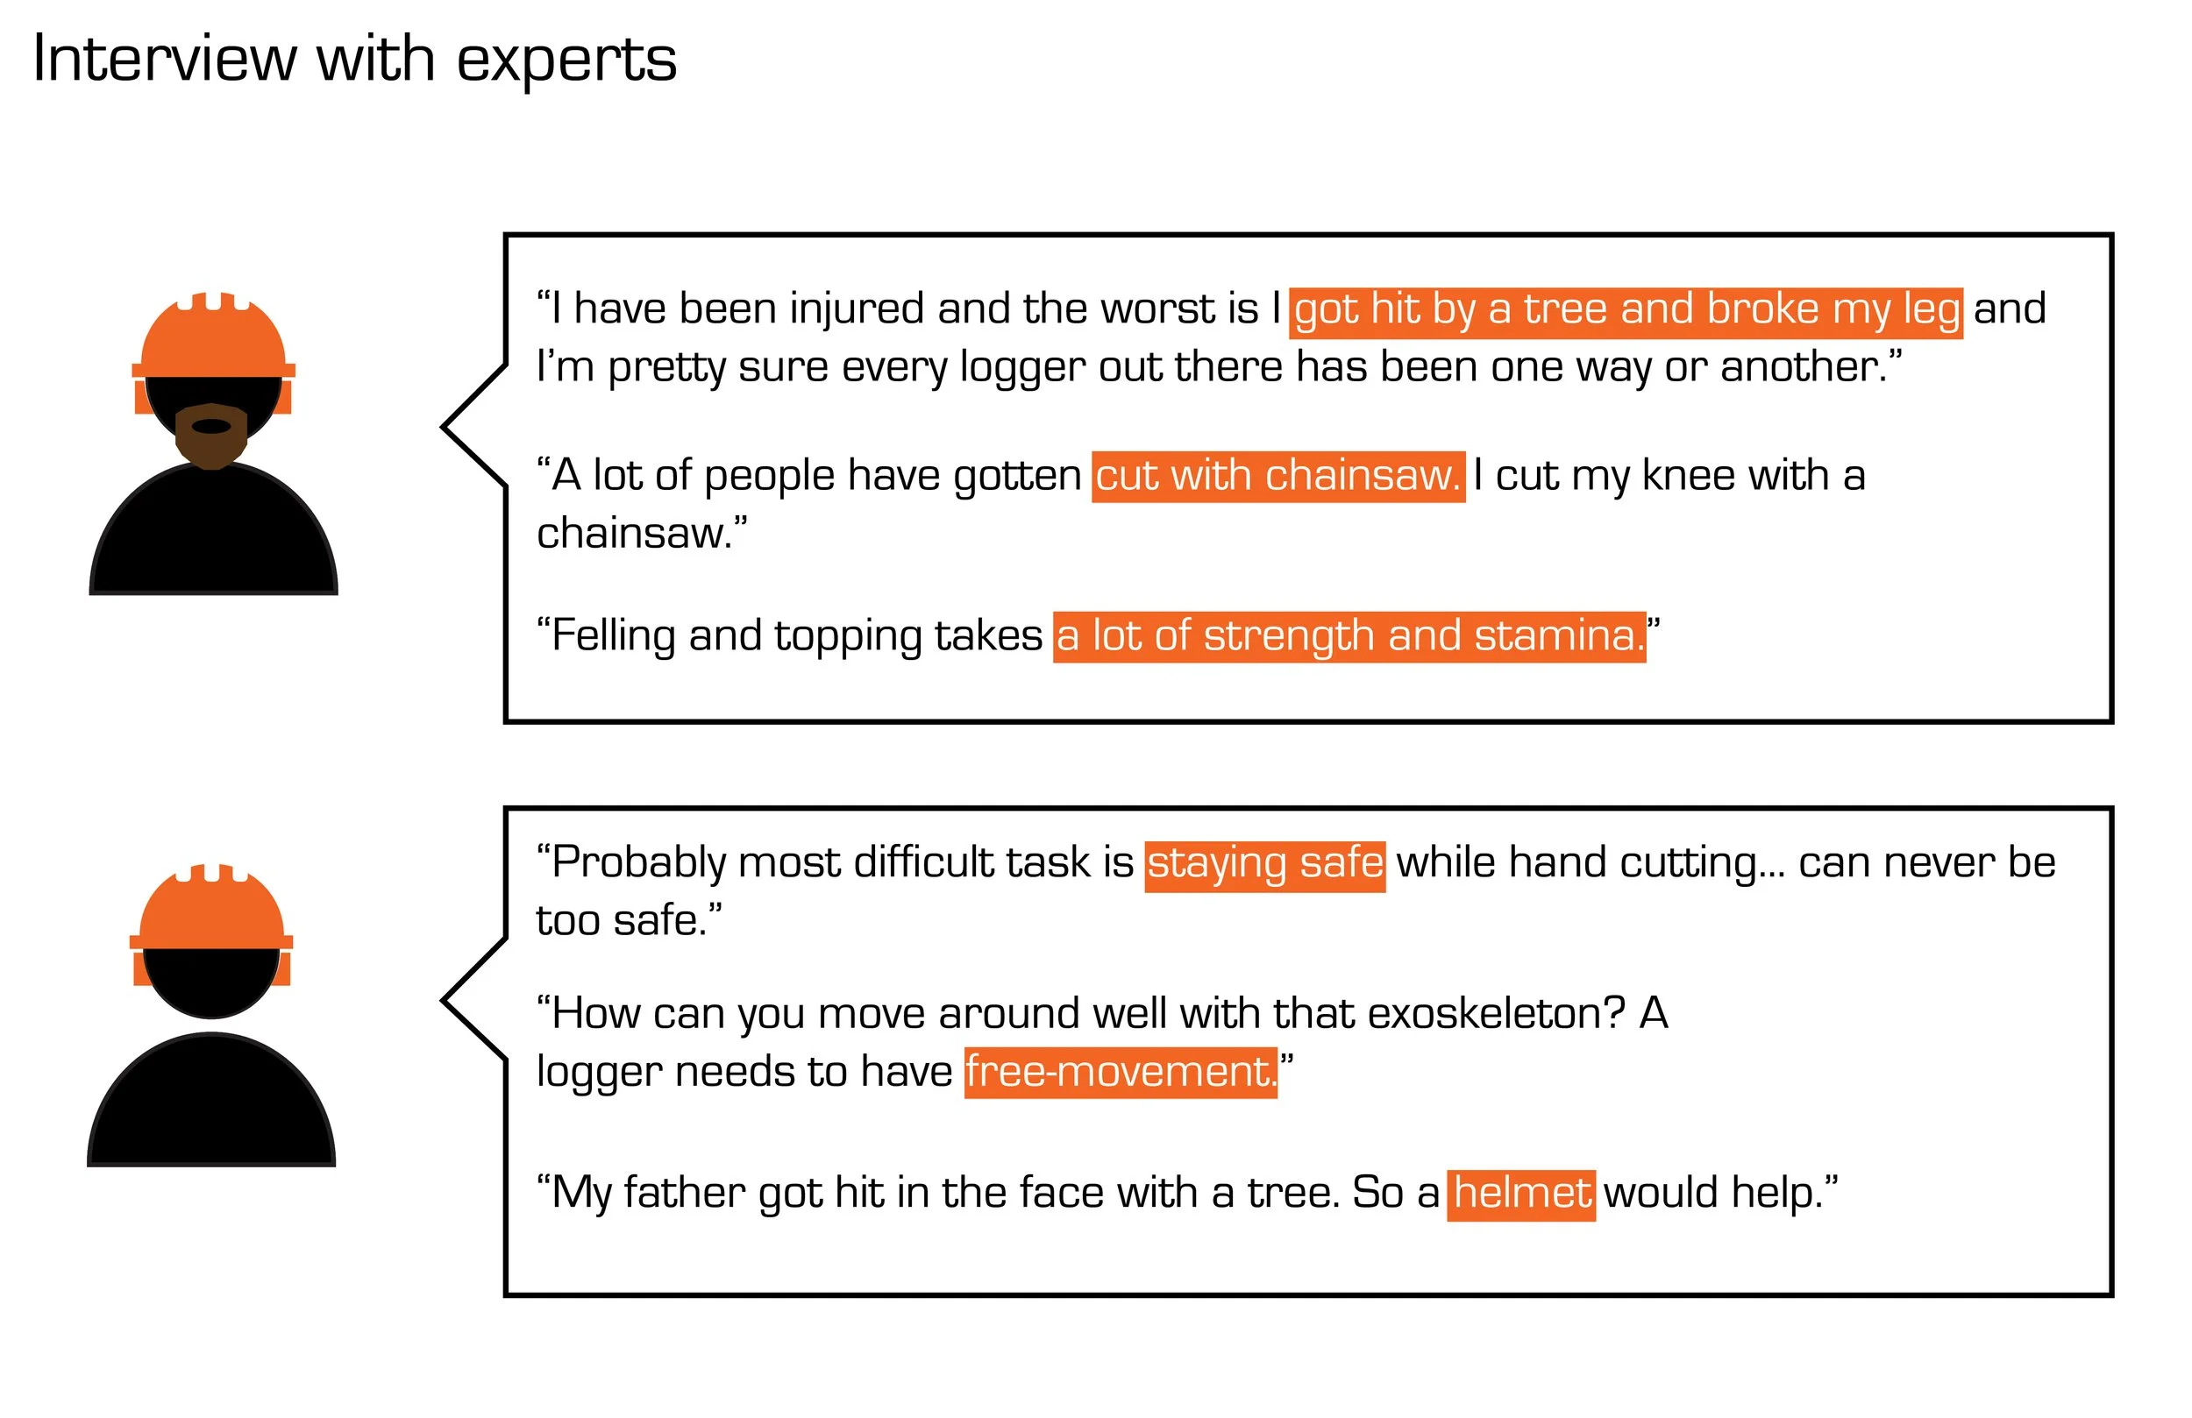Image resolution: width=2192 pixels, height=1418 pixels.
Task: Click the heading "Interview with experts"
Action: [x=354, y=60]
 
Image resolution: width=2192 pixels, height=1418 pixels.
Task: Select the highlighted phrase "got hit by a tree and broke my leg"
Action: [x=1626, y=310]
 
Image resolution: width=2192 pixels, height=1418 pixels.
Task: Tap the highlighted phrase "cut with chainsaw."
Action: [x=1277, y=476]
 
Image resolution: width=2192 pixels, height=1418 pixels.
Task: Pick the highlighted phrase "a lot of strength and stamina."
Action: [x=1349, y=636]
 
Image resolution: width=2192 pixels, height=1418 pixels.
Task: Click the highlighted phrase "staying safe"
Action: [x=1264, y=865]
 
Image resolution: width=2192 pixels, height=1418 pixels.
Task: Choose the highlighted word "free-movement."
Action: [x=1121, y=1073]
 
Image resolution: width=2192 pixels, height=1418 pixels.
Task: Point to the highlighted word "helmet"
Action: [x=1521, y=1194]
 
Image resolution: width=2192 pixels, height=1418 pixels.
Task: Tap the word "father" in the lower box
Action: [x=686, y=1194]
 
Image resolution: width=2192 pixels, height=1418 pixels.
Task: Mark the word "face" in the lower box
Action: [x=1063, y=1194]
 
